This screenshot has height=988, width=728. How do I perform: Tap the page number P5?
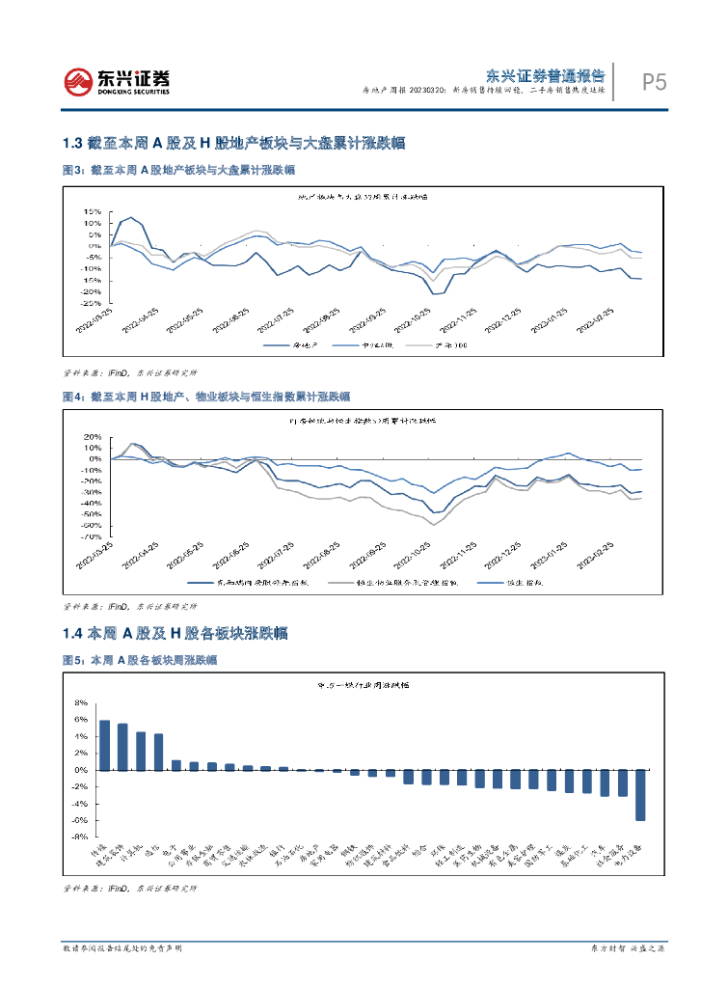tap(654, 83)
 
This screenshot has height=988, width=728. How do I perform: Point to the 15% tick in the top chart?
tap(93, 211)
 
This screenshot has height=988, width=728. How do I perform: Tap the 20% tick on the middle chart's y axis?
tap(93, 436)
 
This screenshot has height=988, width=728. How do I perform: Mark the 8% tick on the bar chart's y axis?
tap(81, 702)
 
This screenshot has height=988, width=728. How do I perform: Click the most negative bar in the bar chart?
tap(640, 795)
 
